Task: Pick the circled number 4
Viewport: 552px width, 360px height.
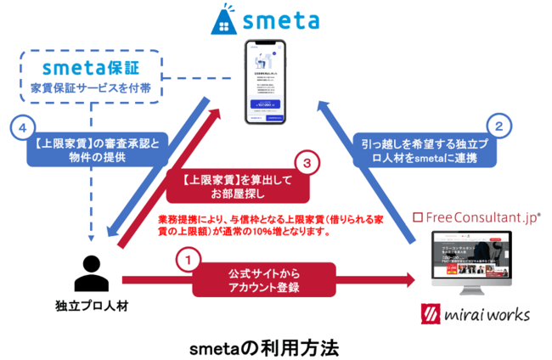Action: tap(21, 129)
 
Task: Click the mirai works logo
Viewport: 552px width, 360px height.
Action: tap(477, 314)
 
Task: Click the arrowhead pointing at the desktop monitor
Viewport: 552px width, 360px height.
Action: tap(409, 279)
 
